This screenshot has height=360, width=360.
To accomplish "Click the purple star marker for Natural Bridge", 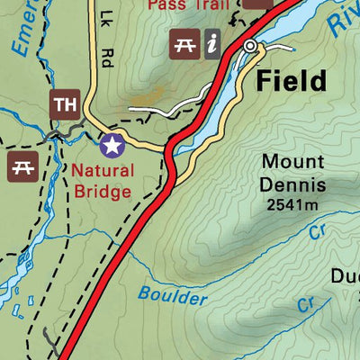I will click(x=111, y=144).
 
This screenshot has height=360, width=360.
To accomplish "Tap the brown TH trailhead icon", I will click(x=64, y=103).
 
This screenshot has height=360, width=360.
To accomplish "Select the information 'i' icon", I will click(x=212, y=42).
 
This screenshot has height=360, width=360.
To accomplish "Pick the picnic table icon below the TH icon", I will click(x=21, y=164).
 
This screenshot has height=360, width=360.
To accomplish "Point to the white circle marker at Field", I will click(x=250, y=45).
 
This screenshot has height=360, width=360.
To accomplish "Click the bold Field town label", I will click(x=290, y=82).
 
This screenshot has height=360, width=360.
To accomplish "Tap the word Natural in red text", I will click(x=103, y=171).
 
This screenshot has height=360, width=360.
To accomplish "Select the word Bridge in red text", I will click(x=103, y=191).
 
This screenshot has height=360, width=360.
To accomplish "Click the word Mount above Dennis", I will click(x=292, y=163).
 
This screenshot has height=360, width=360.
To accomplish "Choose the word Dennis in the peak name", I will click(x=292, y=186).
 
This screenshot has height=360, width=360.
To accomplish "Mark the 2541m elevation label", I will click(x=292, y=205).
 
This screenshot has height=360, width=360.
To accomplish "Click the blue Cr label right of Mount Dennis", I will click(x=316, y=231).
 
